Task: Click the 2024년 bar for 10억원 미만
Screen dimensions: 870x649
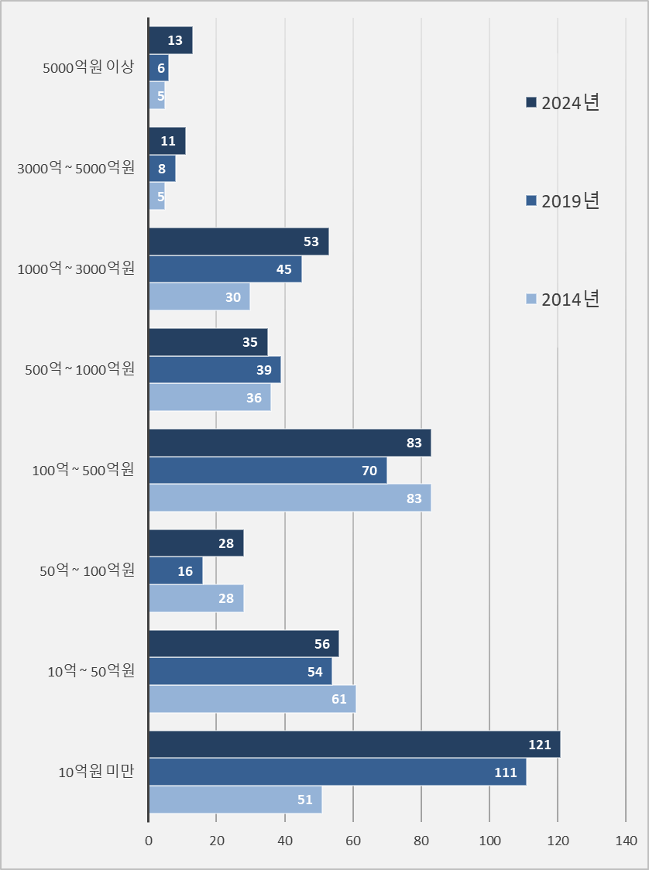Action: pyautogui.click(x=354, y=745)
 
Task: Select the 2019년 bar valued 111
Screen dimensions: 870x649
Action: pyautogui.click(x=337, y=772)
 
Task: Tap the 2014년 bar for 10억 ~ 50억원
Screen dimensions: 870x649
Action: pyautogui.click(x=252, y=699)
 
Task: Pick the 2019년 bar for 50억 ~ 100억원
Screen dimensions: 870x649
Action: pyautogui.click(x=175, y=571)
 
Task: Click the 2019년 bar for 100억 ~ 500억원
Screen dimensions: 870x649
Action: pyautogui.click(x=267, y=471)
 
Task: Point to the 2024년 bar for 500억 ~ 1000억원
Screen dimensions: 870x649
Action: pyautogui.click(x=208, y=342)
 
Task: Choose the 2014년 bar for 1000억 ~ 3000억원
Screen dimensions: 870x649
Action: pyautogui.click(x=199, y=297)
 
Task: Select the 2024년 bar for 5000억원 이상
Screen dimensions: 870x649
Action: pyautogui.click(x=170, y=40)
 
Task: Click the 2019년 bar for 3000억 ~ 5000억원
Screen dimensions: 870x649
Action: pyautogui.click(x=162, y=169)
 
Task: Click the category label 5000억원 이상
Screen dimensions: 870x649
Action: pyautogui.click(x=89, y=68)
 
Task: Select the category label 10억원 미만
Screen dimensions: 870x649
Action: pyautogui.click(x=96, y=772)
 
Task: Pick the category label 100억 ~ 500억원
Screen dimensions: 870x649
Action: pyautogui.click(x=83, y=470)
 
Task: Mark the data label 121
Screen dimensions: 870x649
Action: pyautogui.click(x=539, y=745)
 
